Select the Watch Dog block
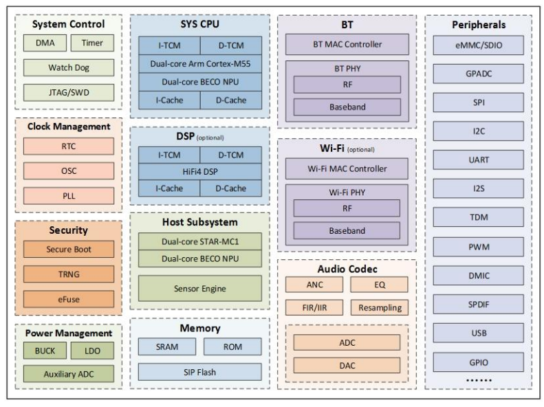[68, 67]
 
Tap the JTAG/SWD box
[68, 92]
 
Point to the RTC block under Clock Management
[68, 146]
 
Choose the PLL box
[68, 195]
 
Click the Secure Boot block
[68, 250]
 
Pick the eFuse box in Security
[68, 299]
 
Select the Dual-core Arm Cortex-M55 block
[199, 64]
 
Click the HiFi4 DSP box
[199, 171]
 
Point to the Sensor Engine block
[199, 289]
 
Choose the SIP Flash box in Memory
[199, 371]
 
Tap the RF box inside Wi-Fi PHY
[347, 208]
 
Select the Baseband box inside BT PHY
[347, 107]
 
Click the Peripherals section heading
[479, 25]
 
